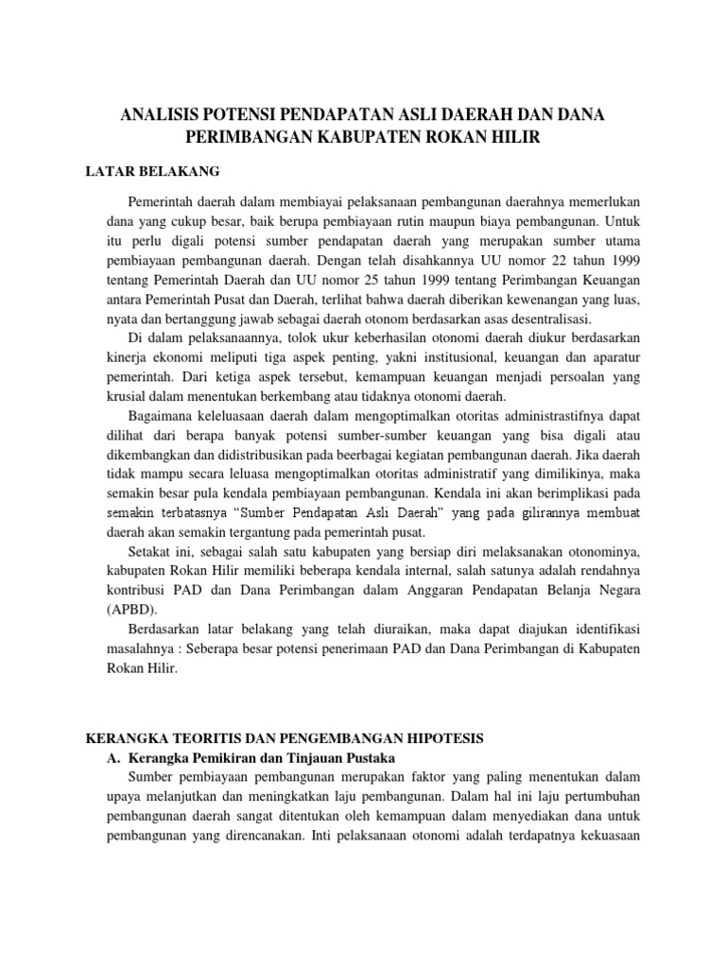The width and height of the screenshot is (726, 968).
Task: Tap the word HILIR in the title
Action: (x=514, y=138)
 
